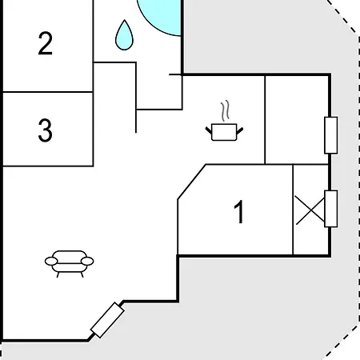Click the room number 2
pyautogui.click(x=45, y=43)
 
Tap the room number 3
pyautogui.click(x=45, y=130)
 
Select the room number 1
pyautogui.click(x=239, y=211)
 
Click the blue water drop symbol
pyautogui.click(x=124, y=35)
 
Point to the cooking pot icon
pyautogui.click(x=224, y=132)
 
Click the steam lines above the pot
pyautogui.click(x=226, y=110)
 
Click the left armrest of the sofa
pyautogui.click(x=51, y=262)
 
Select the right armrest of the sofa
pyautogui.click(x=87, y=262)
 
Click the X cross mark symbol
pyautogui.click(x=310, y=210)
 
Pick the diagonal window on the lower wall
pyautogui.click(x=107, y=320)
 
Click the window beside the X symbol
pyautogui.click(x=331, y=209)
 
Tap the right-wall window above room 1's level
pyautogui.click(x=331, y=135)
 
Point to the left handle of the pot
pyautogui.click(x=209, y=130)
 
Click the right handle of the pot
pyautogui.click(x=240, y=130)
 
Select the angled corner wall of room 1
pyautogui.click(x=192, y=182)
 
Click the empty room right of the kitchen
pyautogui.click(x=297, y=120)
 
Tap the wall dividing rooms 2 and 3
pyautogui.click(x=48, y=92)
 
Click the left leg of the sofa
pyautogui.click(x=58, y=274)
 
